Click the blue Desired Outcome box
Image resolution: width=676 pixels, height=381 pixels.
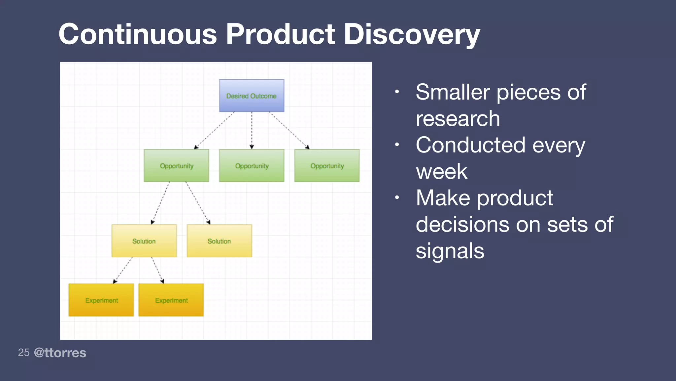tap(252, 96)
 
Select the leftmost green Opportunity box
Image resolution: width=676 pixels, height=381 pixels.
tap(176, 165)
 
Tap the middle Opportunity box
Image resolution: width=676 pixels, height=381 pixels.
tap(252, 165)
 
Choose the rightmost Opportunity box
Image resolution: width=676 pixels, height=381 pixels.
tap(327, 165)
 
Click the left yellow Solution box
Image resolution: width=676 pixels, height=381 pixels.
tap(144, 241)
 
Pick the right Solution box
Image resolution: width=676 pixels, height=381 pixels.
tap(219, 241)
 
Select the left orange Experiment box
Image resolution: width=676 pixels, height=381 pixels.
tap(101, 300)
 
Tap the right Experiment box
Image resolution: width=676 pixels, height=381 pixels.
tap(171, 300)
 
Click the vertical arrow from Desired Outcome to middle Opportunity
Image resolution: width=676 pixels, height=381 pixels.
tap(252, 130)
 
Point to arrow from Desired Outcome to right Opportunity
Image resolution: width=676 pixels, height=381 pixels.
tap(289, 130)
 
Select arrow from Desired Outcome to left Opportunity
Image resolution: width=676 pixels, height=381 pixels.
tap(214, 130)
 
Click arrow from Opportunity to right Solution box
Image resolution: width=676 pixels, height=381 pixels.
tap(198, 203)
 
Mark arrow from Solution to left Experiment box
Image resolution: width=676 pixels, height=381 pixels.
tap(123, 270)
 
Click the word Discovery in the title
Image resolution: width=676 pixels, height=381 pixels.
tap(412, 34)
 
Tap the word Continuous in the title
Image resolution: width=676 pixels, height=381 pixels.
tap(138, 34)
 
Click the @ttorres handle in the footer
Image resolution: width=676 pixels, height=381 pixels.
tap(60, 353)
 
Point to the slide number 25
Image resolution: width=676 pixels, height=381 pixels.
tap(24, 353)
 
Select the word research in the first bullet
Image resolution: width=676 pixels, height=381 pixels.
tap(458, 118)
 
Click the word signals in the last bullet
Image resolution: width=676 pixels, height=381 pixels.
tap(450, 251)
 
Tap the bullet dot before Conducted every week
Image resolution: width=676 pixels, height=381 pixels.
tap(397, 145)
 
